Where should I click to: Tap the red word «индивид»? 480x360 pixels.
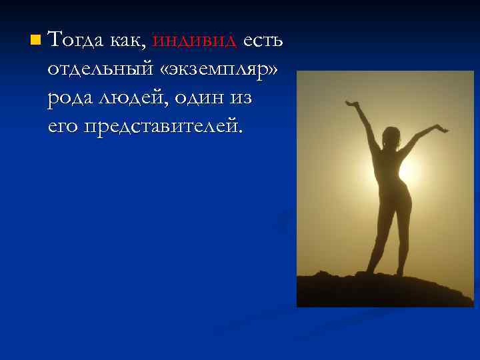click(x=194, y=41)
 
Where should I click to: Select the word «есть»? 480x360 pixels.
click(x=263, y=41)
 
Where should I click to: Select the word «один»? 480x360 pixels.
click(x=212, y=98)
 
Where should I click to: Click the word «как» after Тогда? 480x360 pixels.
click(x=127, y=41)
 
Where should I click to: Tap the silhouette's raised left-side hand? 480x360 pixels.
click(x=351, y=104)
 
